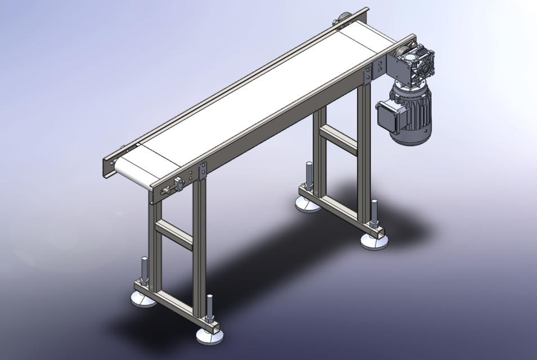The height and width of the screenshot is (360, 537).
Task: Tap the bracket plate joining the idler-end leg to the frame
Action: click(202, 170)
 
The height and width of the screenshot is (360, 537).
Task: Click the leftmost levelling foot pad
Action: click(143, 299)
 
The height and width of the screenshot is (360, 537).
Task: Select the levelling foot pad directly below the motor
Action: click(375, 241)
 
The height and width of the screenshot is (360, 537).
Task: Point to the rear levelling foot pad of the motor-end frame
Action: click(308, 203)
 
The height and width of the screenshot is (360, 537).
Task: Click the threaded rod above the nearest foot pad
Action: click(210, 308)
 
